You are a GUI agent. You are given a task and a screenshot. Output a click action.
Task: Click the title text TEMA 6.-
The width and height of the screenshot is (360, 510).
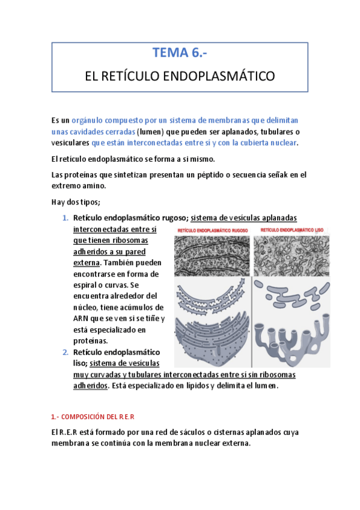[x=180, y=53]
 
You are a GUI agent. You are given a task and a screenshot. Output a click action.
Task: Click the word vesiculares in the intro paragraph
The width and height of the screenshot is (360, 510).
[x=70, y=143]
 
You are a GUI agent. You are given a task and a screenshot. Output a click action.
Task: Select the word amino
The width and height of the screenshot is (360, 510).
[x=96, y=186]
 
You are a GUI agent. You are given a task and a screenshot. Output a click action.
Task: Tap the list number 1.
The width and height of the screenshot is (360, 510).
[x=66, y=218]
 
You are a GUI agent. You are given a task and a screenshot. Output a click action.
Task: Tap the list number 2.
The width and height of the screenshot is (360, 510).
[x=66, y=352]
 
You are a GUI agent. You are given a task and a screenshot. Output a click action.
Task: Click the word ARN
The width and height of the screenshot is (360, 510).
[x=81, y=318]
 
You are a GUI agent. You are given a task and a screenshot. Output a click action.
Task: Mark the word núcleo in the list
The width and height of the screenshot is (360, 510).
[x=87, y=307]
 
